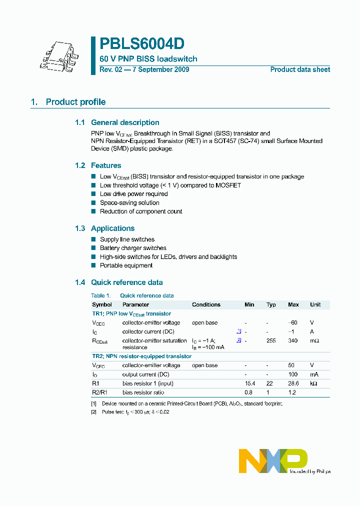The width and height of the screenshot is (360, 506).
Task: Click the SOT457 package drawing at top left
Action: [56, 56]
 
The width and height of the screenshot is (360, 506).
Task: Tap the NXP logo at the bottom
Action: [273, 460]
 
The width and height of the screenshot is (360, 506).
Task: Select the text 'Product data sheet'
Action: [300, 69]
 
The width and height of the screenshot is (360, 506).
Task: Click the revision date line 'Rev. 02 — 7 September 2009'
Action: [144, 69]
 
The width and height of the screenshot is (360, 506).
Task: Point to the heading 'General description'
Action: [125, 122]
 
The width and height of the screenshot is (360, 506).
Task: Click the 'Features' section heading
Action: [106, 165]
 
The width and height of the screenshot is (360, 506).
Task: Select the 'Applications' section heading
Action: [112, 228]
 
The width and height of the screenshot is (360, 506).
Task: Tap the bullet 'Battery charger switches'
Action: [133, 248]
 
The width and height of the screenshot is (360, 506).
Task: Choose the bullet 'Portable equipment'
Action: [126, 265]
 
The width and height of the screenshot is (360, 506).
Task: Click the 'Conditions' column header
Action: [206, 304]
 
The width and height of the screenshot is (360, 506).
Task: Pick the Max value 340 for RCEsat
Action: [293, 340]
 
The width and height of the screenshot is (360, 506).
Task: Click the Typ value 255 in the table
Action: [271, 340]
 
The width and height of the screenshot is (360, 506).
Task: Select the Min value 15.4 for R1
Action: [249, 383]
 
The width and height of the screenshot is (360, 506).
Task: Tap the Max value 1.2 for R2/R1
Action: [293, 392]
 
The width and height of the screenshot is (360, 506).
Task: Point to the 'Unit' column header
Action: [315, 304]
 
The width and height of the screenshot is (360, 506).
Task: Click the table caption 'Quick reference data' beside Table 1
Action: [147, 295]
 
